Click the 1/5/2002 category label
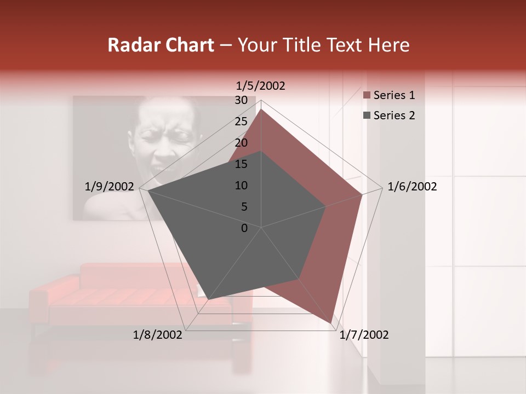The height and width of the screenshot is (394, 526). coord(260,86)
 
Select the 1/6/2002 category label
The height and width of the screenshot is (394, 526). coord(412,187)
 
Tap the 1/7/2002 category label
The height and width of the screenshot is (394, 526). coord(364,335)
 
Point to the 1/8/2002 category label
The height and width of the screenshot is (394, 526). coord(158,335)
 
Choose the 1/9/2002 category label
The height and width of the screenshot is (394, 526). coord(110,187)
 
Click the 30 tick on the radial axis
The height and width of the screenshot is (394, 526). coord(241,100)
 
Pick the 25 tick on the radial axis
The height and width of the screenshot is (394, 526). coord(241,121)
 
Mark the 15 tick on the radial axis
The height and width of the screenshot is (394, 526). coord(241,164)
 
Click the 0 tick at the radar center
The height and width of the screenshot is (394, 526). coord(244,228)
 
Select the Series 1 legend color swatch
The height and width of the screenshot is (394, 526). coord(367,96)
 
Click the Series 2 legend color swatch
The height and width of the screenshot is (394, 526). coord(367,115)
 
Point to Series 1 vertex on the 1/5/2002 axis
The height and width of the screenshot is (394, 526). coord(261,109)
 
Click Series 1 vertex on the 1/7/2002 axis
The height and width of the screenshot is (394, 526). coord(331,323)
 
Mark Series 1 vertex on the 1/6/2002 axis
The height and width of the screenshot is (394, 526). coord(362,194)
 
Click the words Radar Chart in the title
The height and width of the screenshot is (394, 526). coord(161,45)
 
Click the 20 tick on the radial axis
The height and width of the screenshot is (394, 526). coord(241,143)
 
